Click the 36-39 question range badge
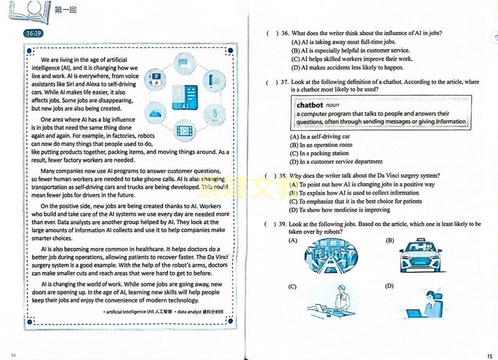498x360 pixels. (33, 34)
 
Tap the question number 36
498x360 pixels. (285, 34)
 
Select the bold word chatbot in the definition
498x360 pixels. (310, 105)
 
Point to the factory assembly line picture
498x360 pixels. (331, 256)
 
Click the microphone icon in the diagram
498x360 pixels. (214, 114)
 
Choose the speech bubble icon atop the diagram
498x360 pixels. (183, 63)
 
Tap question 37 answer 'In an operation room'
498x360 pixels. (321, 145)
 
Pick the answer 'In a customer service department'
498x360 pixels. (336, 162)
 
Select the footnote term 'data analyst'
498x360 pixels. (190, 311)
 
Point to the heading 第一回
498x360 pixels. (66, 9)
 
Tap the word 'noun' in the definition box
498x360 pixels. (333, 105)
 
